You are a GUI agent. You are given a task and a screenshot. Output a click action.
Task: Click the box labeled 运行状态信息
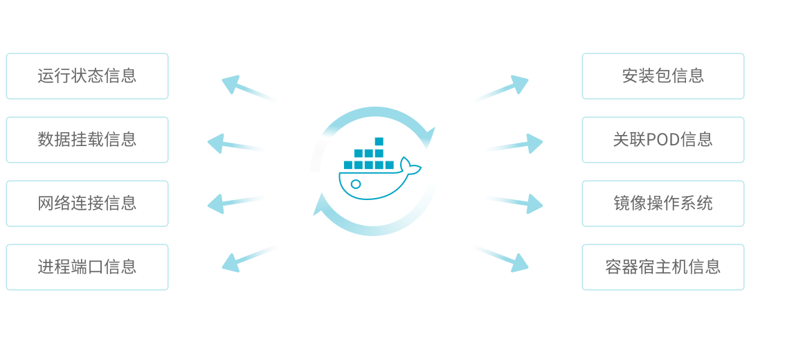87,76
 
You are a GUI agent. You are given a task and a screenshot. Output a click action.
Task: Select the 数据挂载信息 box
87,140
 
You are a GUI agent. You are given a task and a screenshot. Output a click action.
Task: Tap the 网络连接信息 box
87,204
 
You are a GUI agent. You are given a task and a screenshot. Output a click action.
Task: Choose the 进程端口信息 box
87,267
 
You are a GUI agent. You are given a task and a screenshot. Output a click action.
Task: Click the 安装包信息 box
663,76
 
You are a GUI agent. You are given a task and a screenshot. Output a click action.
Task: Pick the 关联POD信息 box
663,140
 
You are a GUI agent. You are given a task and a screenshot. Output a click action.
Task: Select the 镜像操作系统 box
663,204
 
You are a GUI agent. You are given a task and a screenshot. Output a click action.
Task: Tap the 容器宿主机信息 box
663,267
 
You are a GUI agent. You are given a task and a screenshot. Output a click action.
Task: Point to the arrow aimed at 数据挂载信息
236,144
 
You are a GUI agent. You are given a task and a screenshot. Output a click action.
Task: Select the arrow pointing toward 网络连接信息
236,202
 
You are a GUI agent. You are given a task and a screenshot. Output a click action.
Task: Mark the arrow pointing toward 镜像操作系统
514,202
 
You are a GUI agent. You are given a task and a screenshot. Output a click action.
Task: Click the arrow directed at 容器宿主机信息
500,257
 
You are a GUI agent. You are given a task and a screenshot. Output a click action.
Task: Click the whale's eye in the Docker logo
355,184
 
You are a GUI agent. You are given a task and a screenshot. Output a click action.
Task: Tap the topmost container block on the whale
379,141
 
